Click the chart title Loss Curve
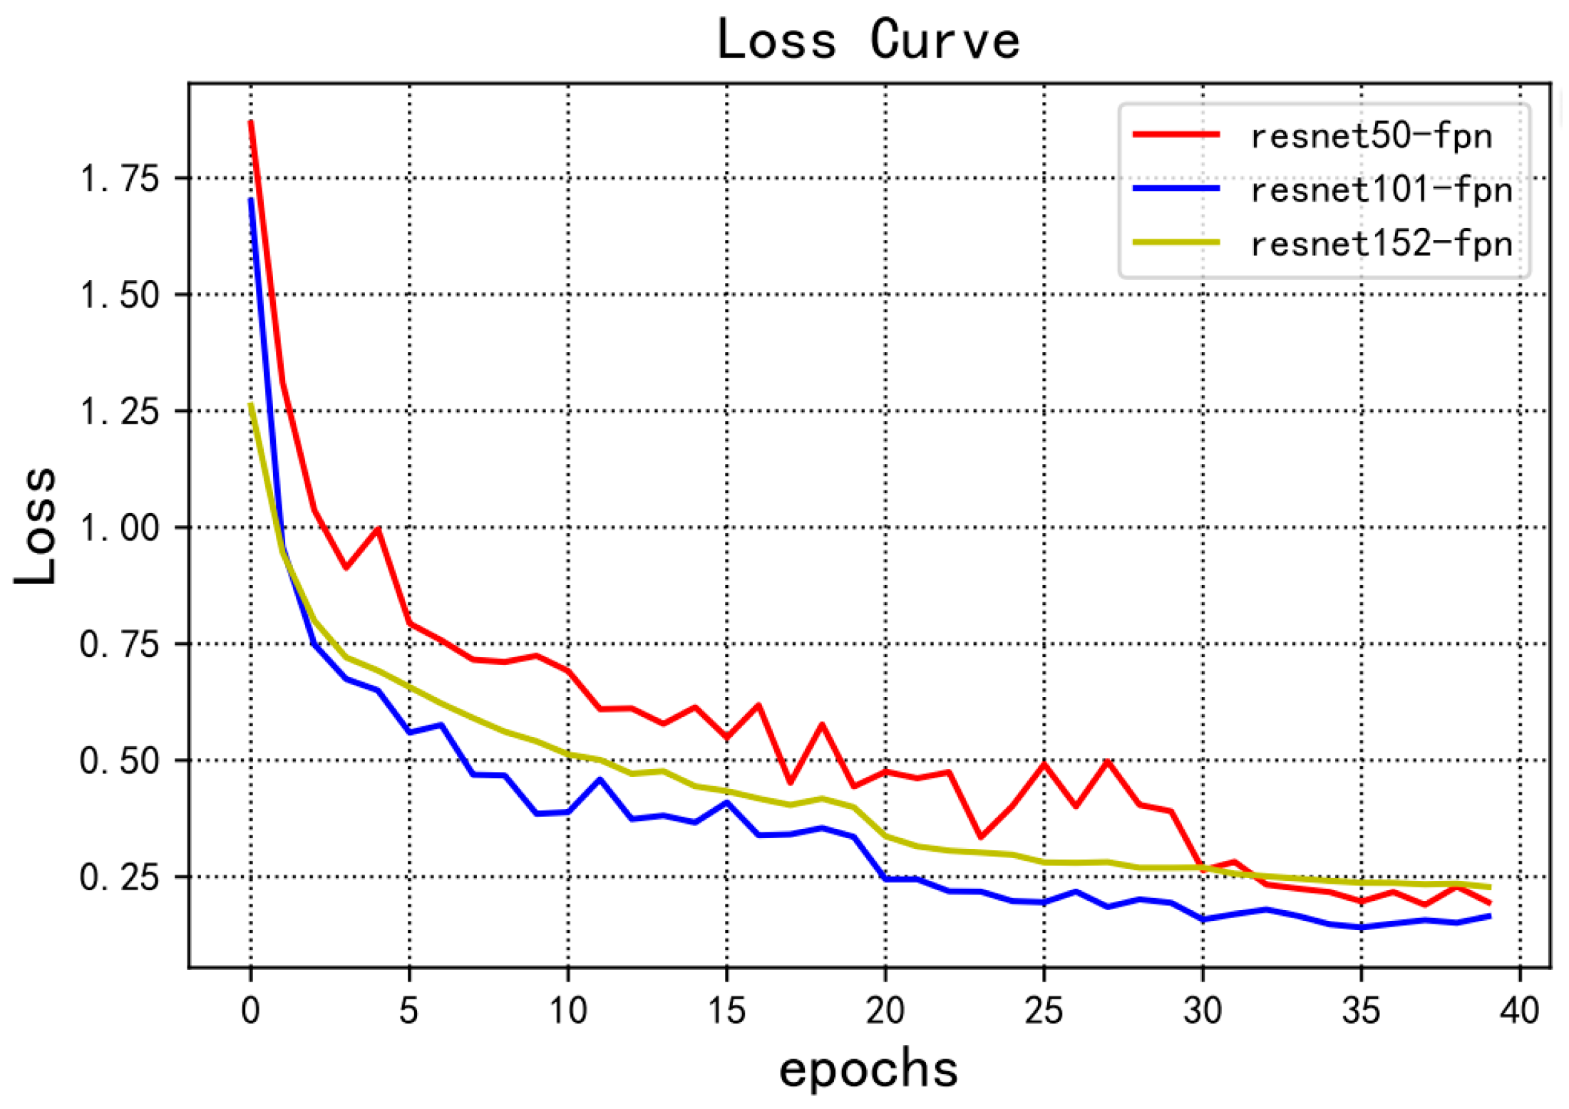pos(868,40)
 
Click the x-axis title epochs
pos(868,1070)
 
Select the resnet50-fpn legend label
pos(1370,135)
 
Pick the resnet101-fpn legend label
pos(1381,190)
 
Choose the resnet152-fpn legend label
pos(1381,244)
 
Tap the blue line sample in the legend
pos(1177,189)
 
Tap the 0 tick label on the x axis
pos(250,1011)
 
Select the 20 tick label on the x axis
pos(885,1011)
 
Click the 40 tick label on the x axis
pos(1519,1011)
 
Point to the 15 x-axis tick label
pos(726,1011)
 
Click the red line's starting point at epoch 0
pos(251,123)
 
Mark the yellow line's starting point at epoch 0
pos(251,405)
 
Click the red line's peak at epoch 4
pos(378,529)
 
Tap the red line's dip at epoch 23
pos(981,837)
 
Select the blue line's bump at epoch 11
pos(600,780)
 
